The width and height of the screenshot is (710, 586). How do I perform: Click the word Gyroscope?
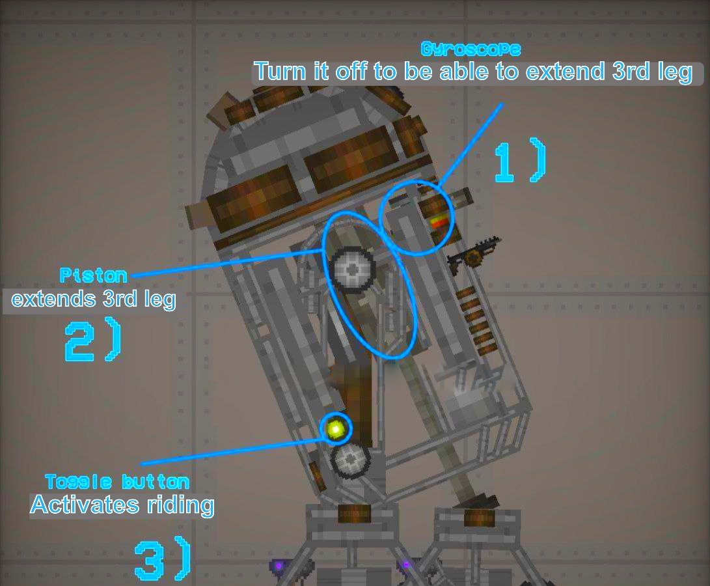pos(471,49)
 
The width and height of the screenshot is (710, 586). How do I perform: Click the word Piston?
pos(93,275)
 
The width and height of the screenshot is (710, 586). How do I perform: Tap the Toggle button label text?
pos(117,482)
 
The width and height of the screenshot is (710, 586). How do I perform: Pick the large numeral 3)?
pos(163,561)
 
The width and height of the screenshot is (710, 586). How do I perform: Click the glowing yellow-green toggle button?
pos(336,428)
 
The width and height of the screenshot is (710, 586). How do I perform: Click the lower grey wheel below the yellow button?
pos(351,460)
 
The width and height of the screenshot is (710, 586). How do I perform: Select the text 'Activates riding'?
pos(122,505)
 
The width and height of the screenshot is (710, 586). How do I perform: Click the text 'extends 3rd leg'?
pos(93,300)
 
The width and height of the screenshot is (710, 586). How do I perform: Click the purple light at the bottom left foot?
pos(279,566)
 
